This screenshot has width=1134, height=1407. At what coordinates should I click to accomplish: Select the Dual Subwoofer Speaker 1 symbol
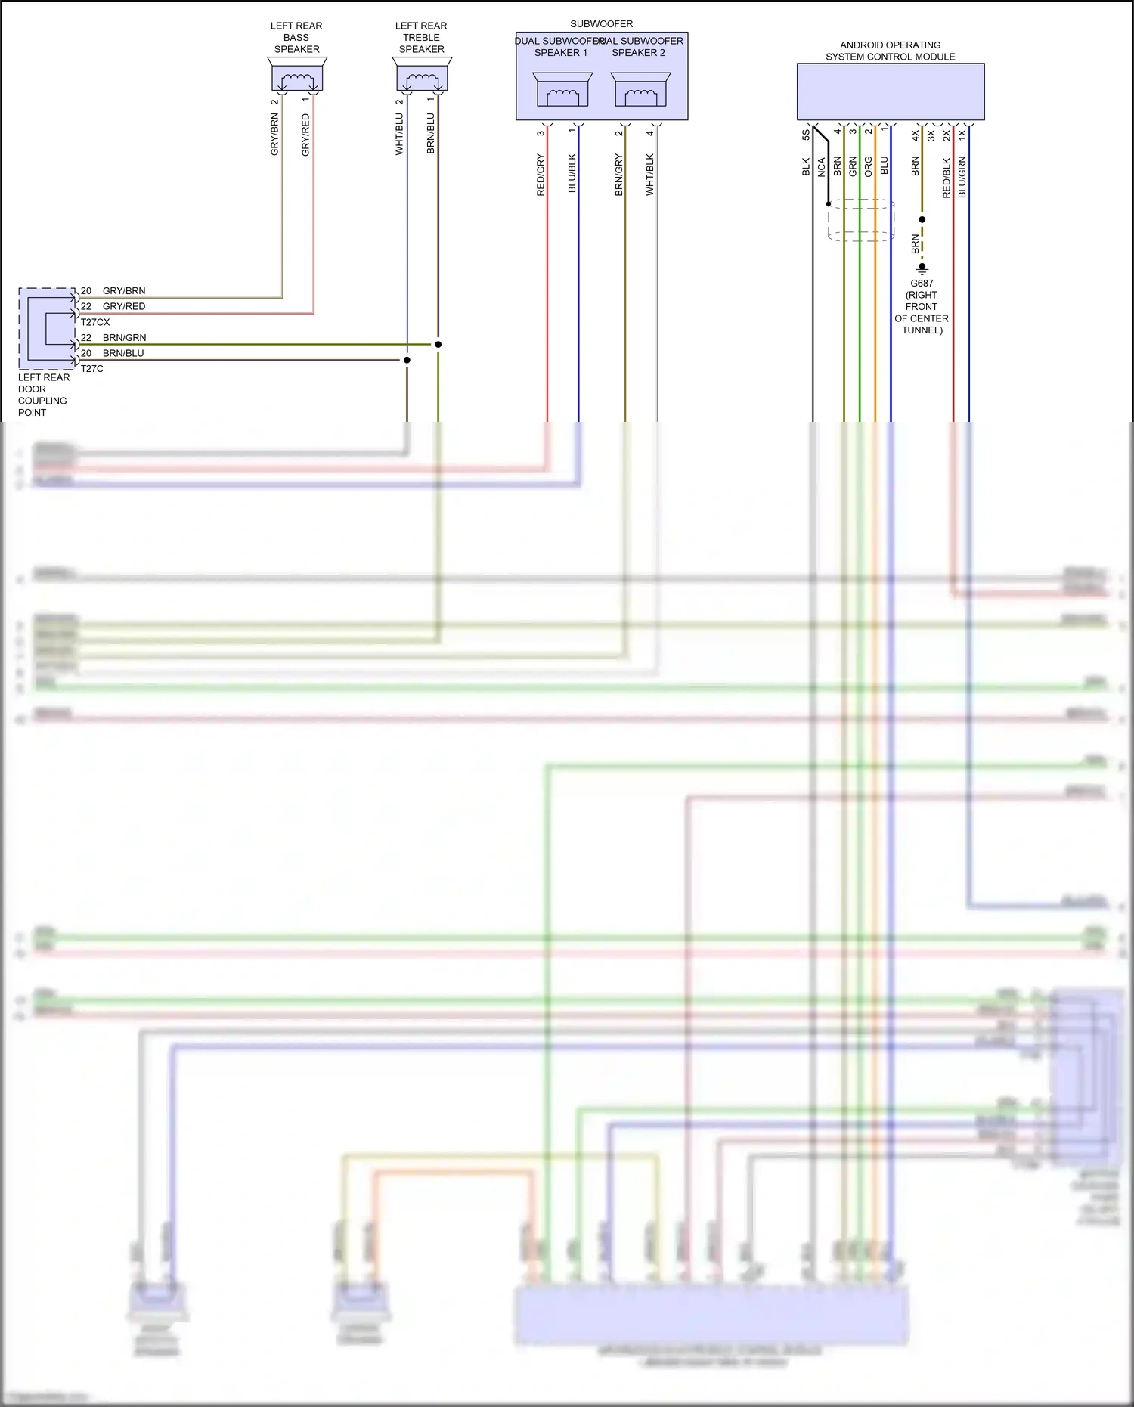pos(562,91)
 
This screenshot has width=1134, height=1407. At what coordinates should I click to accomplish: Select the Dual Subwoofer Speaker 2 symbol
pos(640,91)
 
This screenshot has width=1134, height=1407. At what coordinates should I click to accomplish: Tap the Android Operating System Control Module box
pos(891,91)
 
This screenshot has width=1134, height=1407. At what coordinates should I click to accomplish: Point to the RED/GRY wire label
pos(541,175)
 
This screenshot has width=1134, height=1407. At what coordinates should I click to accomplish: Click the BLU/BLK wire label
pos(572,173)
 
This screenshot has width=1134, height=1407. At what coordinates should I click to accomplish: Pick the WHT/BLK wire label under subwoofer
pos(650,175)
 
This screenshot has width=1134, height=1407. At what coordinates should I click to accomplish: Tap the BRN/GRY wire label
pos(619,175)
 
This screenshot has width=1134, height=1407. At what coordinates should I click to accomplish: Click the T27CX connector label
pos(95,322)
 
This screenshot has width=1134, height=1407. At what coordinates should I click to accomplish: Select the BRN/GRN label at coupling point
pos(124,338)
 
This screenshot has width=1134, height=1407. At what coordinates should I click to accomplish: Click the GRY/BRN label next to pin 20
pos(124,291)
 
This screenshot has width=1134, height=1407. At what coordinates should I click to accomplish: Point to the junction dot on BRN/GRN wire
pos(438,344)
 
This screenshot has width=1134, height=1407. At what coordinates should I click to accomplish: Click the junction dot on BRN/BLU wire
pos(407,360)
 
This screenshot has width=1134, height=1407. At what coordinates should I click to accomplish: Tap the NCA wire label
pos(822,167)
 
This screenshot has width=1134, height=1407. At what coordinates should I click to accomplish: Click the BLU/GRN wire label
pos(962,178)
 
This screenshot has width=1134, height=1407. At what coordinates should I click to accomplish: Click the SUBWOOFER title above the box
pos(602,24)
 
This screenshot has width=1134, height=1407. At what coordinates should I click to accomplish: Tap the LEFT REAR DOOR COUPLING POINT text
pos(43,395)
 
